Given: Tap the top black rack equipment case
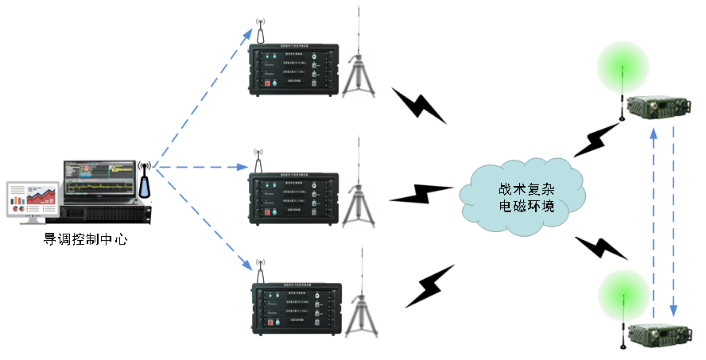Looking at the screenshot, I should pos(293,69).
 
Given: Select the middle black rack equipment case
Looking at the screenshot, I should pos(293,198).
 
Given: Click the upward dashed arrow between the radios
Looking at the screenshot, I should pos(654,223).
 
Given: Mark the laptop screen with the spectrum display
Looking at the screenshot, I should pos(99,178).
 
